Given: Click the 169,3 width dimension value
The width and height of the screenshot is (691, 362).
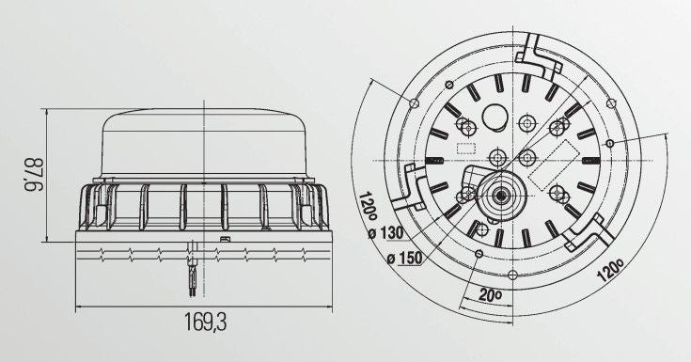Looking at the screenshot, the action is coord(205,322).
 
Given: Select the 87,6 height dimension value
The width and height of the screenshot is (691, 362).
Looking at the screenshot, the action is coord(33,175).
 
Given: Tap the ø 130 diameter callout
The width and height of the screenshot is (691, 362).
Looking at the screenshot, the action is coord(386,232).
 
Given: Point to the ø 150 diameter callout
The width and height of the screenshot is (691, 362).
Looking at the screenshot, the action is coord(404,258).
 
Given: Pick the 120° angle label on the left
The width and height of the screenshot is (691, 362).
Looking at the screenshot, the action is coord(368,208).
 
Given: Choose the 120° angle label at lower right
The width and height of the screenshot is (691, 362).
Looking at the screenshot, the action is coord(610,270).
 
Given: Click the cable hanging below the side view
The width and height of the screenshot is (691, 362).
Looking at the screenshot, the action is coord(193,268).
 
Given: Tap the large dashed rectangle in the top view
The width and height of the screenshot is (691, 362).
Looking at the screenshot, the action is coord(554,165).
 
